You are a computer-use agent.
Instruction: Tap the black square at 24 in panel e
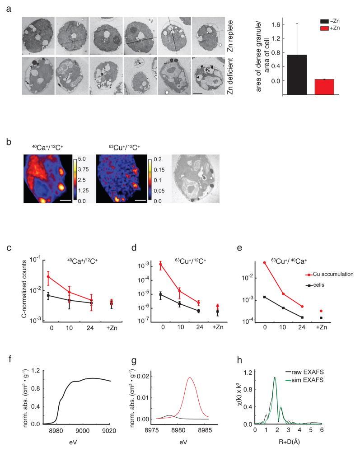[x=302, y=317]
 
